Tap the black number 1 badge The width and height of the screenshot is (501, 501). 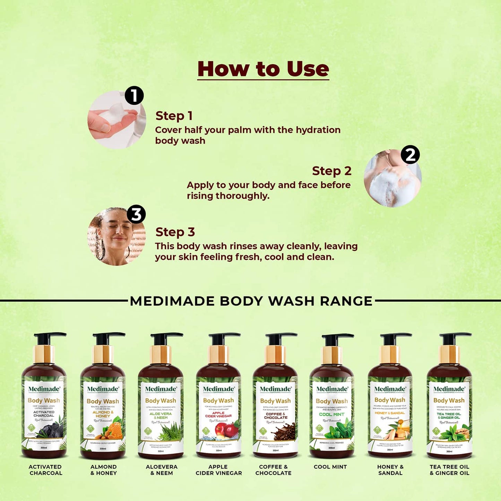(x=134, y=95)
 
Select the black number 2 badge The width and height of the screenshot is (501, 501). (x=410, y=155)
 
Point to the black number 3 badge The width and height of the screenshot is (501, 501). (x=136, y=214)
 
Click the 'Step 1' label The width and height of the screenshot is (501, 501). (x=174, y=116)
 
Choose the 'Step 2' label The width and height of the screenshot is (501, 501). (x=331, y=171)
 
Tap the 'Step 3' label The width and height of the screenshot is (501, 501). (x=175, y=232)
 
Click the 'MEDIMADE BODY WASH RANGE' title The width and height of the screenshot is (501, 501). (x=251, y=301)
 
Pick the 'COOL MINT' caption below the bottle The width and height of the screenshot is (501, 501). (x=330, y=467)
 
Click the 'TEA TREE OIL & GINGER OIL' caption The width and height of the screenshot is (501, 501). (x=449, y=470)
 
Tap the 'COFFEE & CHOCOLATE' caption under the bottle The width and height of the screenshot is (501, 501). (x=273, y=470)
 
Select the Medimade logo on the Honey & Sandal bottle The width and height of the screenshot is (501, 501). (x=390, y=389)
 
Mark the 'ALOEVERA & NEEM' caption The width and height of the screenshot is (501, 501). (x=162, y=470)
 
